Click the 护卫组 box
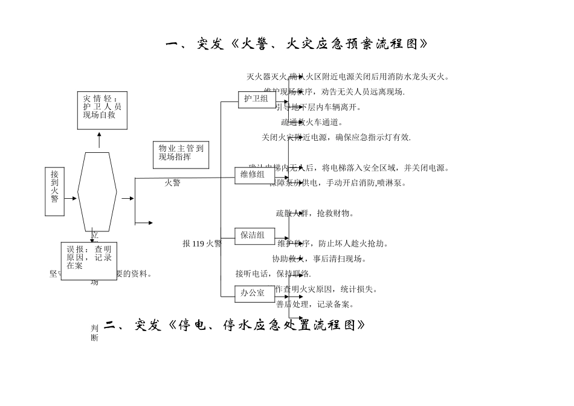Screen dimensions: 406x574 (257, 99)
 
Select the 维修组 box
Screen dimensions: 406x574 (254, 175)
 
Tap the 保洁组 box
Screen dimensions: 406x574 (254, 236)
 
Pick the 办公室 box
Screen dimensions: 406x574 (254, 294)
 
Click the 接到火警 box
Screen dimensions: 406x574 (54, 192)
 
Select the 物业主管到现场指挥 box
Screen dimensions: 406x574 (181, 155)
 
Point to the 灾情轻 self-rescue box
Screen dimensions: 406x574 (102, 110)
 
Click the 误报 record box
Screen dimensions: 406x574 (89, 260)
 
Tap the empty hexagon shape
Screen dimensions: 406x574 (97, 192)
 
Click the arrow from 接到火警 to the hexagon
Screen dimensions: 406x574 (71, 198)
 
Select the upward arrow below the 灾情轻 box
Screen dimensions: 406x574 (99, 140)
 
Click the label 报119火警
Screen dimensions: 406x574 (202, 243)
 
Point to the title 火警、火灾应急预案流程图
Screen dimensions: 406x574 (297, 44)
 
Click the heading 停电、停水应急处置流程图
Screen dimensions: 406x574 (236, 326)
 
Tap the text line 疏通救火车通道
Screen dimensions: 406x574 (312, 123)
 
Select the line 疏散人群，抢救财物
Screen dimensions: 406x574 (315, 213)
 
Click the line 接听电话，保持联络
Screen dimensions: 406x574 (273, 274)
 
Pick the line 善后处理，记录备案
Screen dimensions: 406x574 (315, 304)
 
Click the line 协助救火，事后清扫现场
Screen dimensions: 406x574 (319, 259)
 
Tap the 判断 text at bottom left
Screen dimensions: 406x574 (95, 333)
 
